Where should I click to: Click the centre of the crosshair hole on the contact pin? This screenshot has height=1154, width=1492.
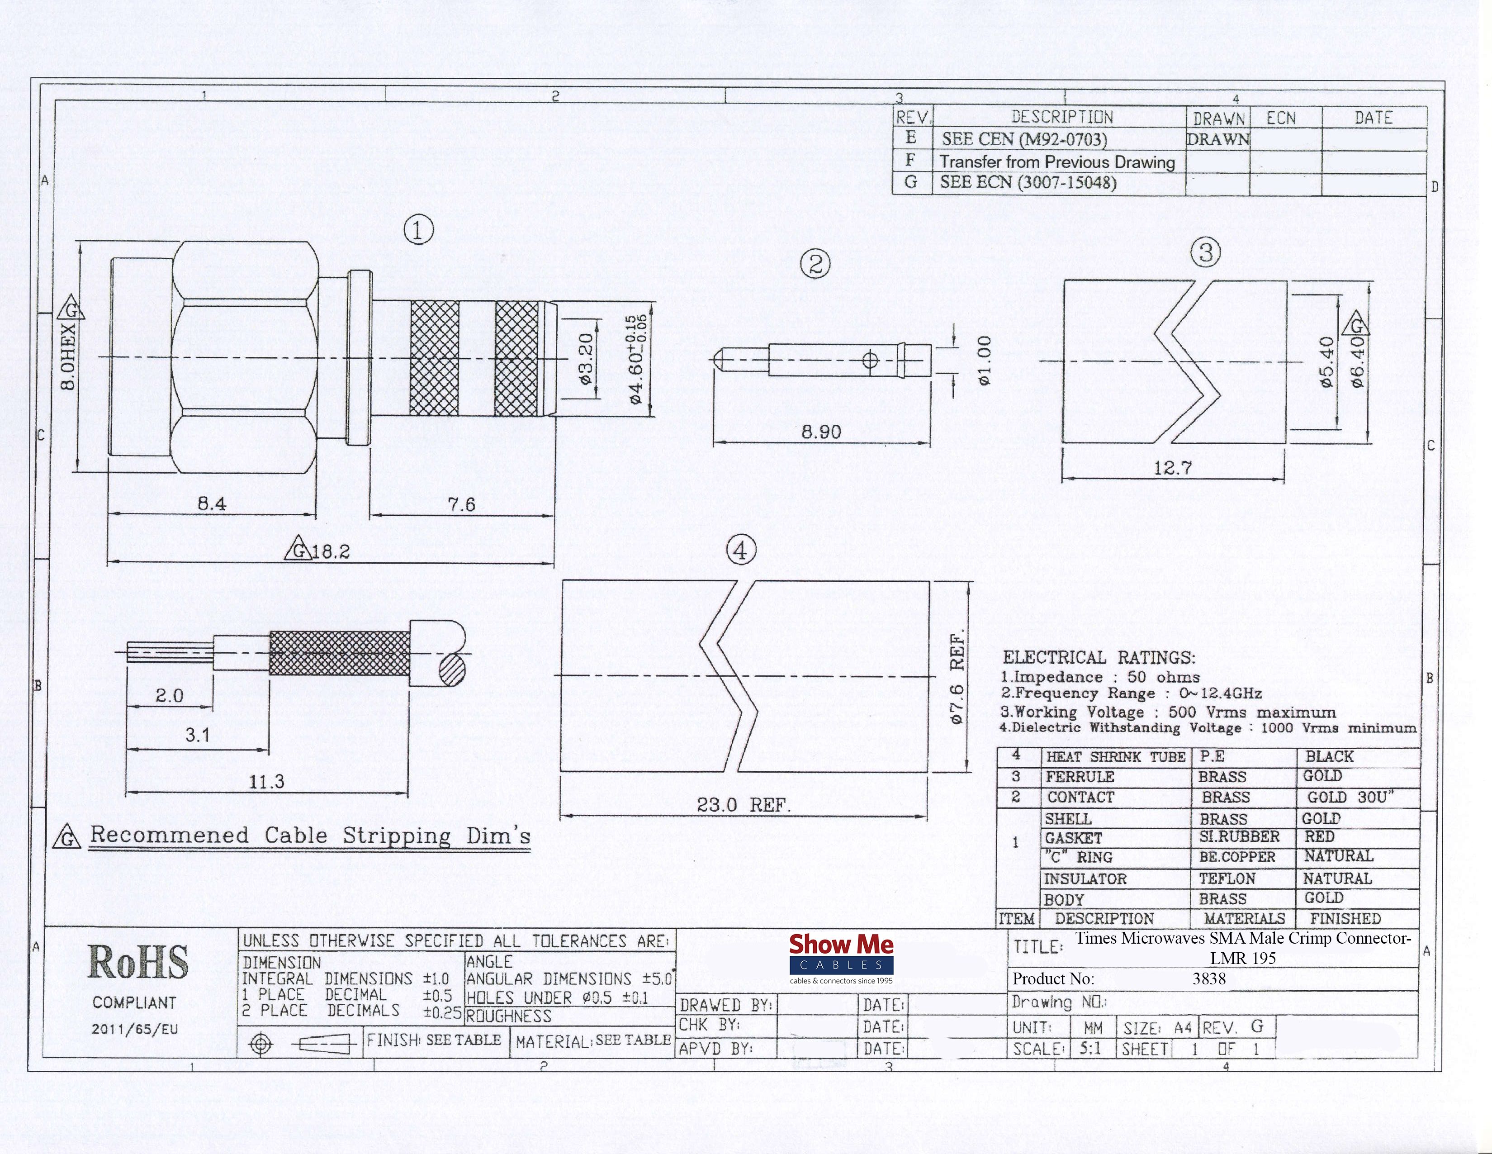(870, 360)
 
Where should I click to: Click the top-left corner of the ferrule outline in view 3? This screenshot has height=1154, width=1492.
(1063, 281)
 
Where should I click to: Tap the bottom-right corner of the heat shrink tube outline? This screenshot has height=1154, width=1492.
(929, 771)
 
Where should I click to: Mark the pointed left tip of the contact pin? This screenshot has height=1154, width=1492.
(713, 360)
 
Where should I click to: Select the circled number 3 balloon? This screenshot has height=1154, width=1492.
(1206, 252)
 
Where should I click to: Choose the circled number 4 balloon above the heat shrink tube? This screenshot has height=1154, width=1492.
(741, 550)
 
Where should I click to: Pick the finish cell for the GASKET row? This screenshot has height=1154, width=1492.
(1320, 837)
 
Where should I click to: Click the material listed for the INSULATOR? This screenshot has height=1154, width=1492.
(1227, 879)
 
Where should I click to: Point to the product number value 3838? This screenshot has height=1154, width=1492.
(1209, 978)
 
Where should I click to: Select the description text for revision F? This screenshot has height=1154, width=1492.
(1057, 162)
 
